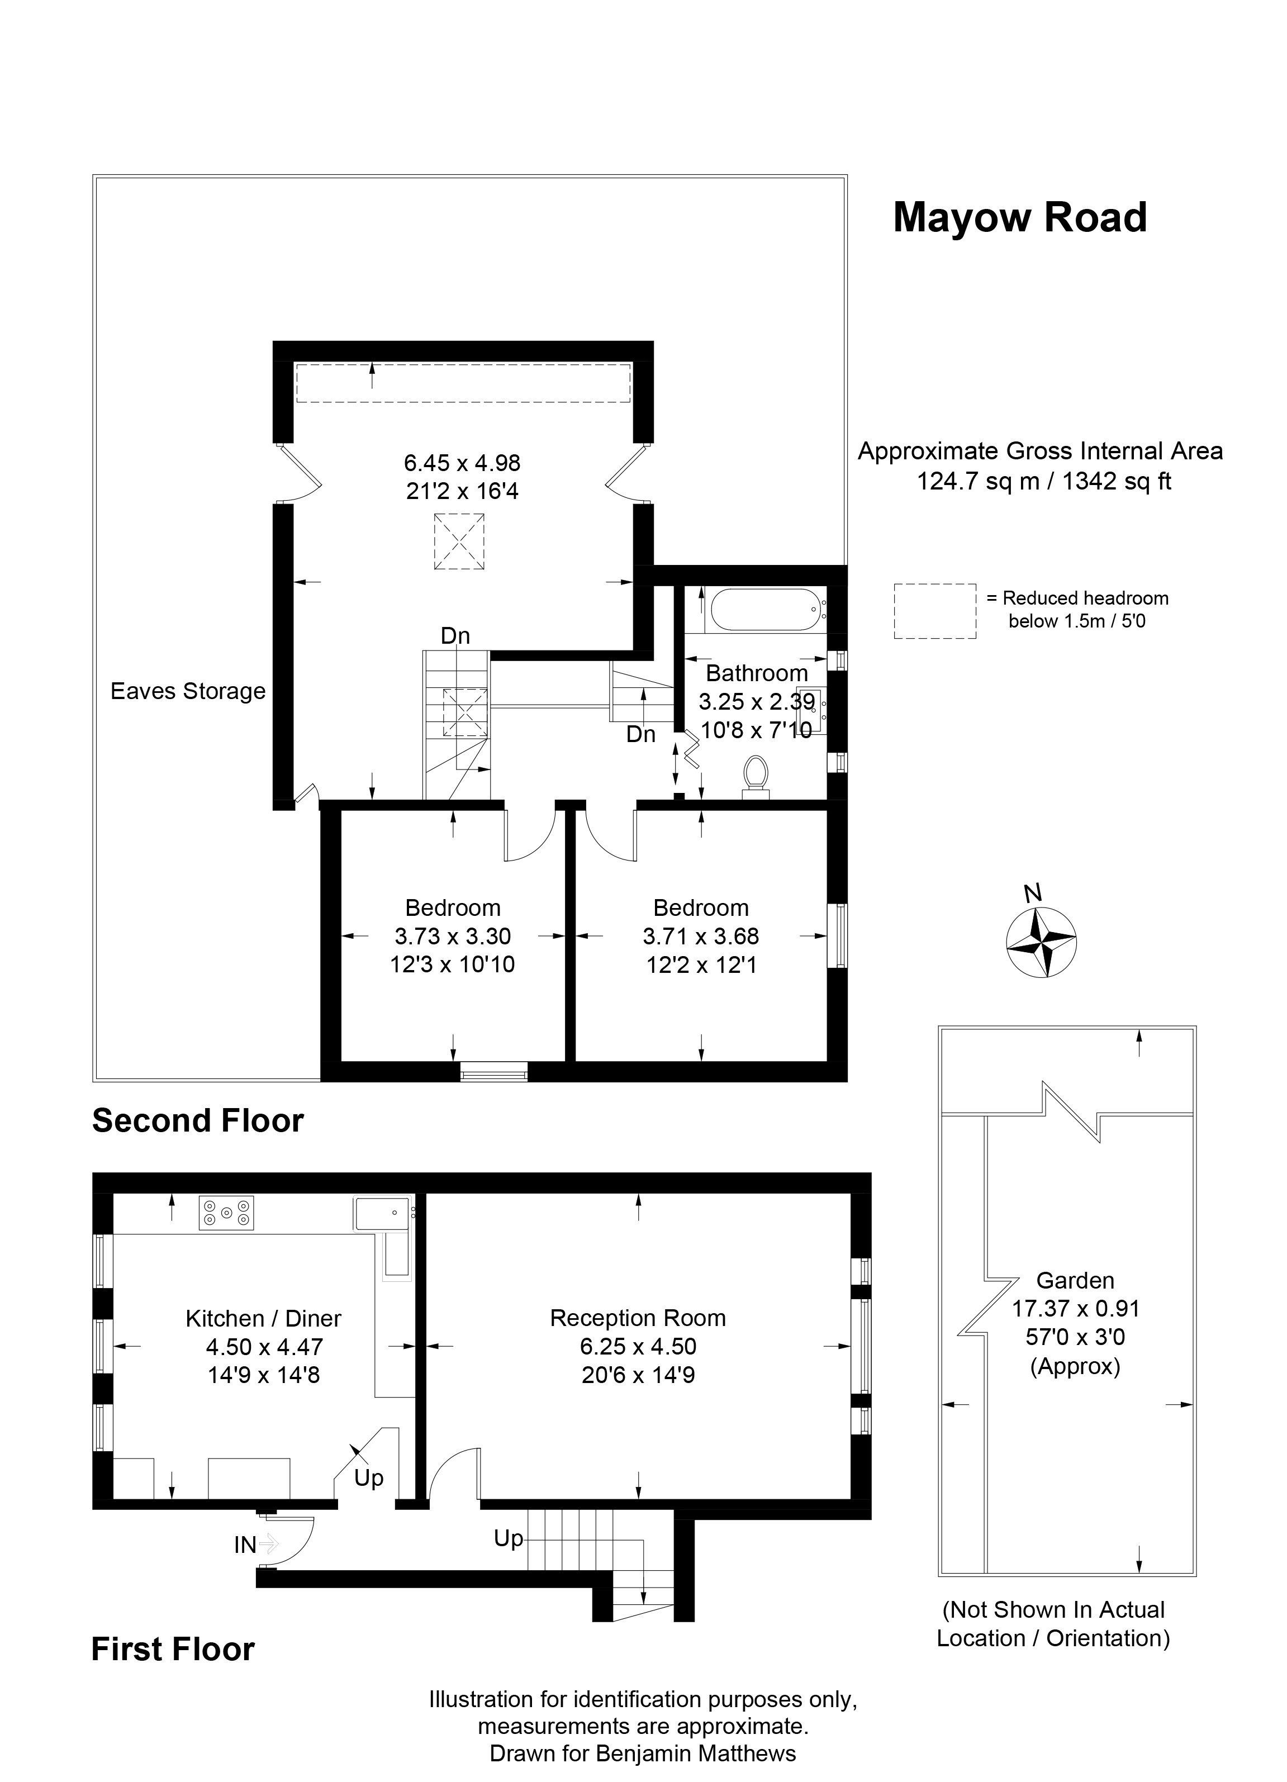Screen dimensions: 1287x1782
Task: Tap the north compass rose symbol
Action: (x=1041, y=942)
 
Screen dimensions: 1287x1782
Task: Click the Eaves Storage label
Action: (x=188, y=691)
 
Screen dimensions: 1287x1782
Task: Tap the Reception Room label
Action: (x=638, y=1318)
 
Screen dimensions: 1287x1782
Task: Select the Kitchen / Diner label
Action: (x=264, y=1318)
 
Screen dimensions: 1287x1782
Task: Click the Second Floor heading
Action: (x=198, y=1120)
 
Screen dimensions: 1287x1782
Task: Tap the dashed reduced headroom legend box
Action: (x=935, y=611)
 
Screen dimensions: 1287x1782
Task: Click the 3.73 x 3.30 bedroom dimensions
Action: (x=453, y=936)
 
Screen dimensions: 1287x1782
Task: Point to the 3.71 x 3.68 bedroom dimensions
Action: (x=701, y=936)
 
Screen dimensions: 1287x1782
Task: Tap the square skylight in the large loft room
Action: (x=459, y=541)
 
